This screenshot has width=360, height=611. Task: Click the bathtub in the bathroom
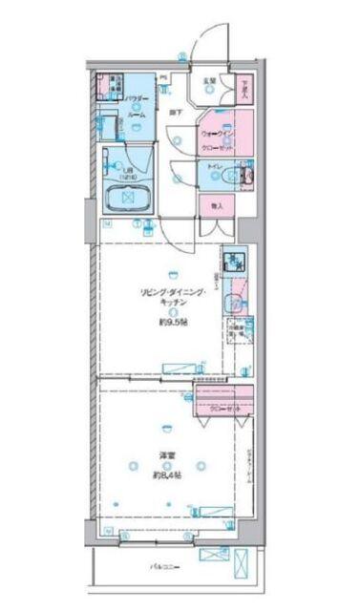124,199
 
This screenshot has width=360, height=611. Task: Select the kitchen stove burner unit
233,261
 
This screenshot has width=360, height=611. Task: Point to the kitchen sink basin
232,304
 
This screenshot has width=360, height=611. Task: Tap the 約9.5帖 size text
174,322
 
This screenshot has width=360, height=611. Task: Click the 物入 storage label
217,204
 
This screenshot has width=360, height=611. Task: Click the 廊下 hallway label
178,114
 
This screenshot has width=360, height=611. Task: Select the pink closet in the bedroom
226,402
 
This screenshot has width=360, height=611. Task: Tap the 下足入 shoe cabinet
245,89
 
